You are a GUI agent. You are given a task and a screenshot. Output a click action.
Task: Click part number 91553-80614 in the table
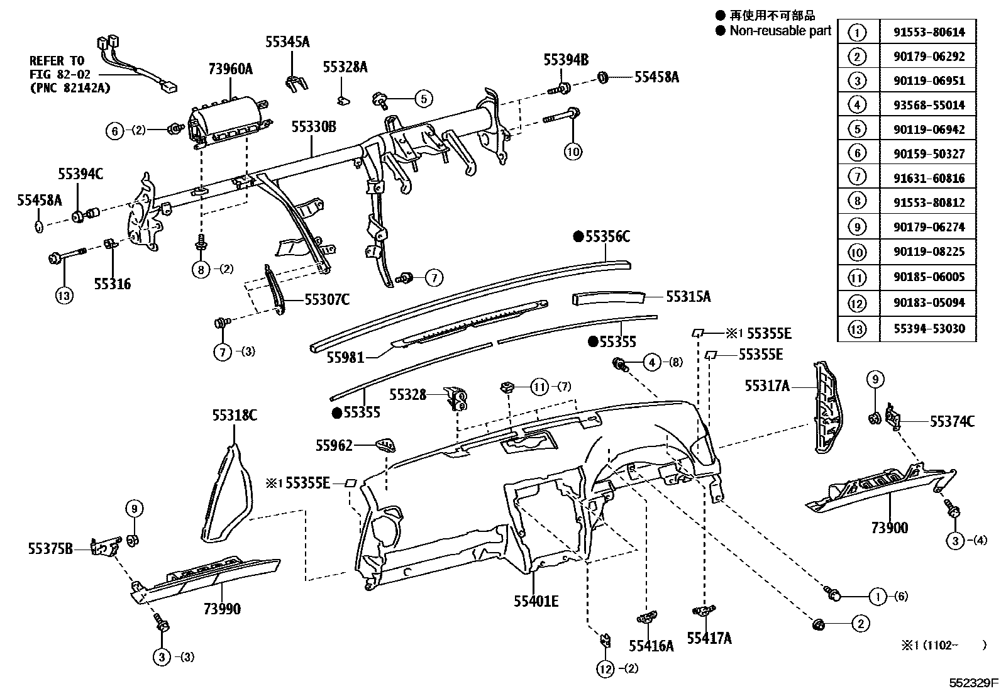pos(929,32)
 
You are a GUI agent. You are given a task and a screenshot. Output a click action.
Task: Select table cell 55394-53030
pos(929,328)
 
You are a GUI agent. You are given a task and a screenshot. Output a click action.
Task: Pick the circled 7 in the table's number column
pos(857,178)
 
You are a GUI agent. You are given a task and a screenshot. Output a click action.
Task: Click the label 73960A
pos(230,69)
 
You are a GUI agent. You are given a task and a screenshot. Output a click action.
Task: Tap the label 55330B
pos(313,128)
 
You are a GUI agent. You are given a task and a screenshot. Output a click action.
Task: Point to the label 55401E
pos(536,602)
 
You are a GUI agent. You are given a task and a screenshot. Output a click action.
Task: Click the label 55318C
pos(234,416)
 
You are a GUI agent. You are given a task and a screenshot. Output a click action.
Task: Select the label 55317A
pos(766,386)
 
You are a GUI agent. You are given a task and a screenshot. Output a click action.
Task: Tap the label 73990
pos(222,609)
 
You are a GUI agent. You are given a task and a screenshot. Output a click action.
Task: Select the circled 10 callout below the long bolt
pos(573,151)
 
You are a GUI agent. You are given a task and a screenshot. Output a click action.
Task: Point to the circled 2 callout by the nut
pos(860,624)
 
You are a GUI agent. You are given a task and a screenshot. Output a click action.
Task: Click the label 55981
pos(345,358)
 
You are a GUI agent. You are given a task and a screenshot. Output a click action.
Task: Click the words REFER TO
pos(57,61)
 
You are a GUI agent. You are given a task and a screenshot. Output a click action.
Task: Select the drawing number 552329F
pos(974,682)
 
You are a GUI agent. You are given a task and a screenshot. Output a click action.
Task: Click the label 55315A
pos(688,297)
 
